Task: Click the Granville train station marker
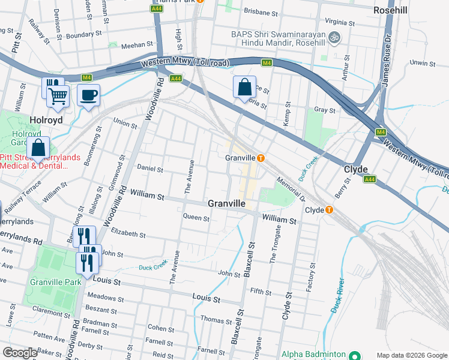[261, 158]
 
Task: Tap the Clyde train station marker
[329, 210]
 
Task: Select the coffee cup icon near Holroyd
[88, 95]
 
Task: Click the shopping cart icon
[58, 95]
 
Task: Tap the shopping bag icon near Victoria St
[244, 87]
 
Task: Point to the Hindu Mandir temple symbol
[336, 37]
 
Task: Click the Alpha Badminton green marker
[354, 355]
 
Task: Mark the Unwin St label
[421, 62]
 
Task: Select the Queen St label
[196, 218]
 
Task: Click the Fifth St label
[261, 292]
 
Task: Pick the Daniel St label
[150, 169]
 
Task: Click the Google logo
[20, 353]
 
